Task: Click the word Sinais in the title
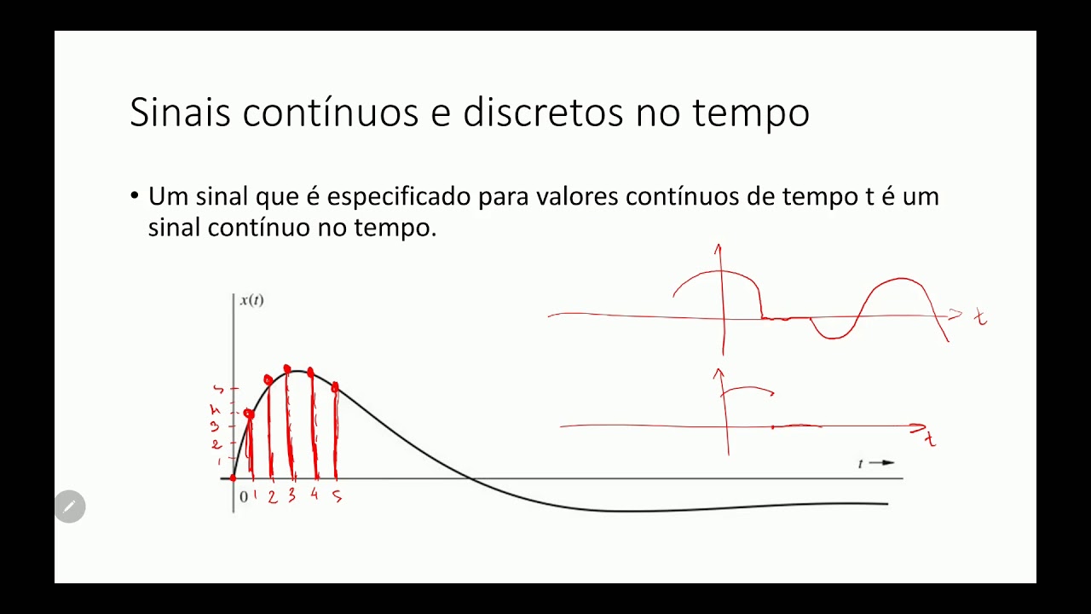point(181,113)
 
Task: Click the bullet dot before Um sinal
point(134,196)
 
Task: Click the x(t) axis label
point(251,300)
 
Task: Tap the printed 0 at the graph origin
point(243,496)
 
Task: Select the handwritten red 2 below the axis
point(272,496)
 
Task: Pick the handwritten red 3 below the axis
point(292,495)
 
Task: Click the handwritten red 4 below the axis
point(314,495)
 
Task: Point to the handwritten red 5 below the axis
point(337,495)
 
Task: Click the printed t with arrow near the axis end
point(875,463)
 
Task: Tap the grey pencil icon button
point(70,507)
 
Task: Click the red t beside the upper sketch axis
point(980,318)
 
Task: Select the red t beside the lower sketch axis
point(931,439)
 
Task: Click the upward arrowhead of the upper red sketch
point(719,249)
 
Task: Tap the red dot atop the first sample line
point(249,414)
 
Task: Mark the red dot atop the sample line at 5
point(335,388)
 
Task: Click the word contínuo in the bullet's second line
point(259,228)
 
